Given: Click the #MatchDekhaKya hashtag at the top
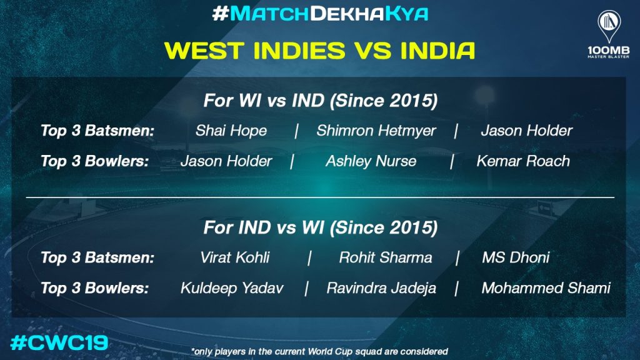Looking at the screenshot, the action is click(320, 14).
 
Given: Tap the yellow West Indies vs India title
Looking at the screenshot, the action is click(319, 51).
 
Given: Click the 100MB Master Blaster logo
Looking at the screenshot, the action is click(609, 34).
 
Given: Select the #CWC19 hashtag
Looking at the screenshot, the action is click(59, 342).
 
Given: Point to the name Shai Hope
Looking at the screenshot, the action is click(231, 131).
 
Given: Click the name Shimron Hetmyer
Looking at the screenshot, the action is click(376, 131).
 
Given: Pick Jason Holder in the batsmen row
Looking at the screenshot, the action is click(526, 131).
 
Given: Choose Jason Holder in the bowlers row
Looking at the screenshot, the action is click(226, 161).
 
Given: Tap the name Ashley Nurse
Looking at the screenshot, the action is click(371, 161).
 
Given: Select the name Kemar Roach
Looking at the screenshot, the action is click(523, 161).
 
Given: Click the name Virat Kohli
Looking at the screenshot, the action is click(235, 257).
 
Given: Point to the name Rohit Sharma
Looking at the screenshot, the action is click(385, 257).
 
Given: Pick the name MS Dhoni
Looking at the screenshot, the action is click(516, 257).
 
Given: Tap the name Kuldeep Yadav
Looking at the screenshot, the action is click(232, 288).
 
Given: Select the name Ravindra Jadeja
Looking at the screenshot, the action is click(381, 288).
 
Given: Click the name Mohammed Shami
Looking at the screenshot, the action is click(546, 288).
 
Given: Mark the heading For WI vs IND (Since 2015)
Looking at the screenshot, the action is click(321, 101).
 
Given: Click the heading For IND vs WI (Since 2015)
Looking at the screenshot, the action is click(321, 227).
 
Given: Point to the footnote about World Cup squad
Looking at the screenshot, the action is click(319, 351).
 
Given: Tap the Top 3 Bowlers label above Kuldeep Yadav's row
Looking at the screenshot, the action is click(95, 288).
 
